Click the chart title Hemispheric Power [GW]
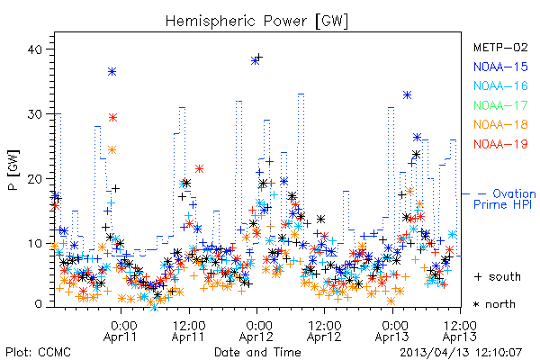coord(256,22)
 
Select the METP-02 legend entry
coord(500,47)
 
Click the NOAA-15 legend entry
coord(500,67)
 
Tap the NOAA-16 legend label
coord(500,85)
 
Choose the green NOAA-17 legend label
coord(500,105)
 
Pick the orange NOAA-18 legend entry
coord(500,124)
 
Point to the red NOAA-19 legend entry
coord(500,144)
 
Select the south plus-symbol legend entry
coord(498,276)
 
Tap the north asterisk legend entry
coord(494,304)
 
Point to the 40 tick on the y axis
coord(34,49)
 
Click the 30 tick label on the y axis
coord(34,114)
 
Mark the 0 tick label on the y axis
coord(38,304)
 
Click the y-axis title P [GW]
coord(13,170)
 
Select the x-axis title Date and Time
coord(257,352)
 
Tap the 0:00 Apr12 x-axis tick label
coord(256,331)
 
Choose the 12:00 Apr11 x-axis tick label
coord(189,331)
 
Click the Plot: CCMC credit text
coord(38,352)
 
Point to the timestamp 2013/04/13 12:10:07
coord(461,353)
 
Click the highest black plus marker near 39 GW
coord(259,57)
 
